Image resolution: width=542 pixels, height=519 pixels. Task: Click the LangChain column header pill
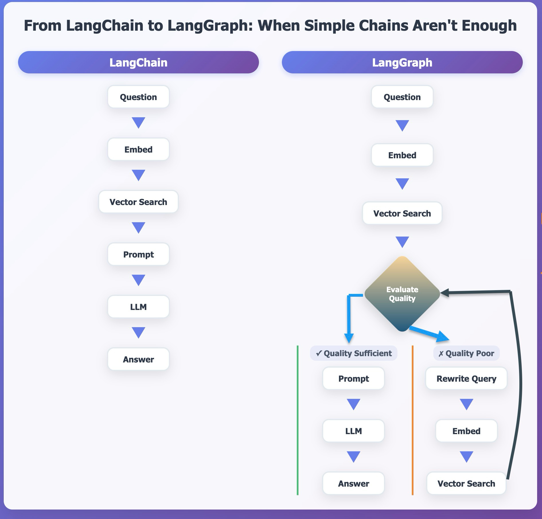click(x=138, y=62)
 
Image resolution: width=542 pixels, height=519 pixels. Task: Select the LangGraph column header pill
click(x=402, y=62)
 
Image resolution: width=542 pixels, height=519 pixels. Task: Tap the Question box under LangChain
click(x=138, y=97)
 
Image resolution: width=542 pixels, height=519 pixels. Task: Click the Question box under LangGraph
click(x=402, y=97)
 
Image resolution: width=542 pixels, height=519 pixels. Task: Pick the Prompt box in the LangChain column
click(x=138, y=254)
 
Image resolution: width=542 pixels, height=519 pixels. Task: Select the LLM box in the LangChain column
click(x=138, y=307)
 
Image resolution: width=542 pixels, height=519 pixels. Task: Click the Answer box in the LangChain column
click(x=138, y=359)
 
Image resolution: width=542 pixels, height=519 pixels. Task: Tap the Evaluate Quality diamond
click(x=402, y=294)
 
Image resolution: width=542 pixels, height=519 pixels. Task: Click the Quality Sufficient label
click(x=354, y=353)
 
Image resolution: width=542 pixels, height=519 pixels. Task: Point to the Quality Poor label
click(x=466, y=353)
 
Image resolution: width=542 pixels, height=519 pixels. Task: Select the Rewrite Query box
click(x=466, y=378)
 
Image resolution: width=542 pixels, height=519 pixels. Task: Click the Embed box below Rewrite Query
click(x=466, y=431)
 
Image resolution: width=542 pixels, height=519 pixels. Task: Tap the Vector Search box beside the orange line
click(x=466, y=483)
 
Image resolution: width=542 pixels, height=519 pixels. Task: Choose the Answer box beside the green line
click(x=354, y=483)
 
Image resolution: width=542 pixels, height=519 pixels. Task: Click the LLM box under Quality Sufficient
click(x=354, y=431)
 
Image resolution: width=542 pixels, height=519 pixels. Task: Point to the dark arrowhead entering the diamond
click(x=444, y=293)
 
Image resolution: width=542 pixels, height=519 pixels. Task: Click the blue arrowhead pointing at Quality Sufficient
click(x=349, y=338)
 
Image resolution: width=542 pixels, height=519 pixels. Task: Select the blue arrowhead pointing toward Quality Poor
click(x=442, y=336)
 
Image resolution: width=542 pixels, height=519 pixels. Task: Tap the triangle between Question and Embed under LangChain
click(x=138, y=122)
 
